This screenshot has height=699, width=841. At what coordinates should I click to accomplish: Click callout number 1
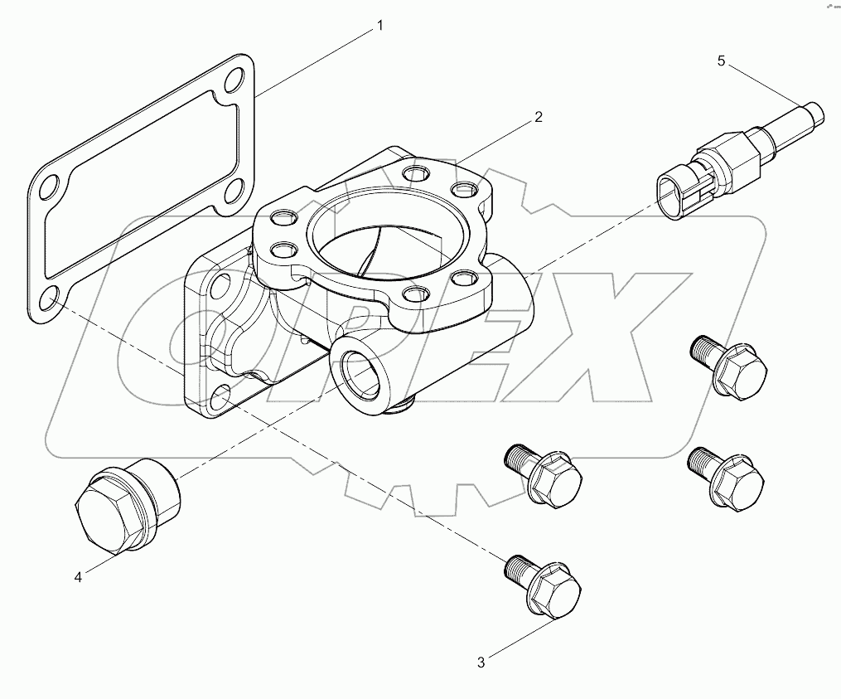pos(380,26)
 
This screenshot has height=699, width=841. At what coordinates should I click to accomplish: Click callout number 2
pos(538,118)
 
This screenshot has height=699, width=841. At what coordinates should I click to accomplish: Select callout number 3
pos(481,662)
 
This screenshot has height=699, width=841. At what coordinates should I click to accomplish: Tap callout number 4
pos(79,578)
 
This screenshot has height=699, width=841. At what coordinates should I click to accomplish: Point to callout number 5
pos(721,61)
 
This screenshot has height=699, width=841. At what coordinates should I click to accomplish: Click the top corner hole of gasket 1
pos(236,80)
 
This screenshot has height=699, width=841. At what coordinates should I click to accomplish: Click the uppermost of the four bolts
pos(727,364)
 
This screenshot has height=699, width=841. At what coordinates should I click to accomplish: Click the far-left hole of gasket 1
pos(50,187)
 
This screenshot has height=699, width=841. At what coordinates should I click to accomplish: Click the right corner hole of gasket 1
pos(235,189)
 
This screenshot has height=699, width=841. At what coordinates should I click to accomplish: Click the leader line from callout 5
pos(766,87)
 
